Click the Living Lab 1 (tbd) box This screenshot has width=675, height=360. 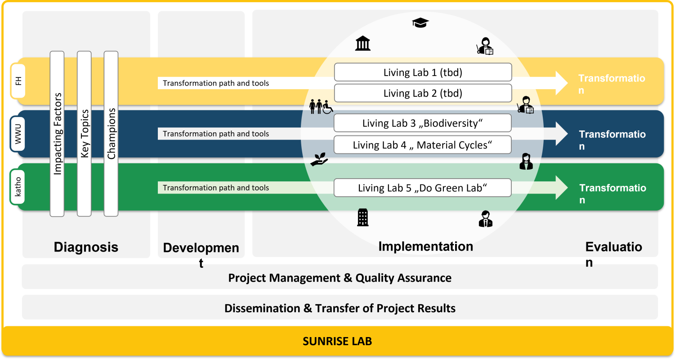click(x=423, y=72)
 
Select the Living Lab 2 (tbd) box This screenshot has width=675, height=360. click(x=423, y=93)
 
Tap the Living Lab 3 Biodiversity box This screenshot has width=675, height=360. click(x=423, y=123)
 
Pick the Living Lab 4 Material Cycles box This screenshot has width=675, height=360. click(x=423, y=145)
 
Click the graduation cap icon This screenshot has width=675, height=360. click(x=420, y=22)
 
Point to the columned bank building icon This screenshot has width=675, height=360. click(x=363, y=44)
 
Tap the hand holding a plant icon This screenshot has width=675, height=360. click(x=319, y=159)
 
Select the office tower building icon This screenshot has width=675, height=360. click(x=362, y=217)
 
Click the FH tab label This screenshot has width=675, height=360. click(x=18, y=80)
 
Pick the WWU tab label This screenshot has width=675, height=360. click(x=18, y=134)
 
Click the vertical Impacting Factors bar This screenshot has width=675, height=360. click(x=57, y=134)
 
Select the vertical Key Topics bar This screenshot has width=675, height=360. click(x=84, y=134)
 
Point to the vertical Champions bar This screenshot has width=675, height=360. click(x=111, y=134)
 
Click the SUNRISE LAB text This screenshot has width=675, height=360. click(x=337, y=341)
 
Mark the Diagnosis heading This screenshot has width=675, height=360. click(x=86, y=247)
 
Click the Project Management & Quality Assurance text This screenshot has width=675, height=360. click(x=340, y=278)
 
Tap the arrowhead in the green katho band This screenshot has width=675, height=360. click(x=562, y=188)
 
